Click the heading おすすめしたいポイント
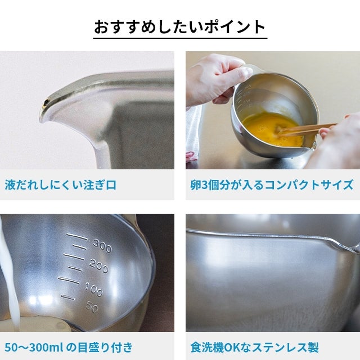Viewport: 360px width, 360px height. (180, 26)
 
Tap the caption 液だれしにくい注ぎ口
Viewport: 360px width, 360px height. (61, 185)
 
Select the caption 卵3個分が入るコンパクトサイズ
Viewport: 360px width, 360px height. (272, 185)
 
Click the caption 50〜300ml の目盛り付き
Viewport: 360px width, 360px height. (69, 348)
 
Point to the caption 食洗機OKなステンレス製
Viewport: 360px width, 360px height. (254, 348)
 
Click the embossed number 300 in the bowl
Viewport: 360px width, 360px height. (102, 246)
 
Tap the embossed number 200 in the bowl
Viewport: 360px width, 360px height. (98, 266)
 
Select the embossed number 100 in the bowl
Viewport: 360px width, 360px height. (94, 289)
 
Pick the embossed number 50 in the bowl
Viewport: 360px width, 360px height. (92, 307)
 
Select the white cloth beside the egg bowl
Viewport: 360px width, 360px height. (194, 133)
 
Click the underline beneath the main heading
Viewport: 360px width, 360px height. (180, 38)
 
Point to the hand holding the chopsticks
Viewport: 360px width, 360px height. (337, 140)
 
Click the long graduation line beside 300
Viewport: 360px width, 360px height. (77, 236)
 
